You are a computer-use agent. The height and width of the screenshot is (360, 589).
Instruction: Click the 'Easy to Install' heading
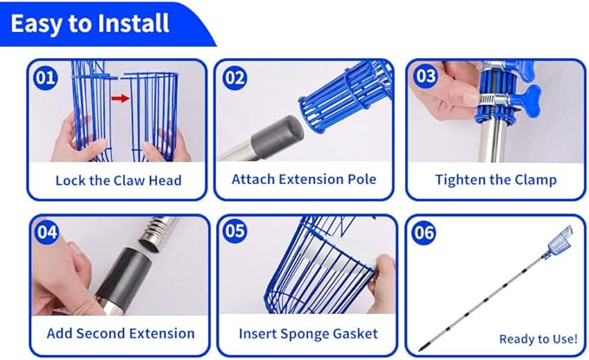89,23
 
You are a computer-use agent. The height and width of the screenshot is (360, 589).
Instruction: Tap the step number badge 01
45,78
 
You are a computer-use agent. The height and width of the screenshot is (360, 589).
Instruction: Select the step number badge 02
235,78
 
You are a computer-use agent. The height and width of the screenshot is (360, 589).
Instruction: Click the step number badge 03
426,76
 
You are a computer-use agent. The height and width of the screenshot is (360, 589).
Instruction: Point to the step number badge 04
47,232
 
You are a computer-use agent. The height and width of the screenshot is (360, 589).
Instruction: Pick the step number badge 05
235,231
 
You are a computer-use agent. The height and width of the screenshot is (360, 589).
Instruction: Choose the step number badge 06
424,232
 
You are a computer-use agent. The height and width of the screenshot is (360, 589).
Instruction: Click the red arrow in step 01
121,98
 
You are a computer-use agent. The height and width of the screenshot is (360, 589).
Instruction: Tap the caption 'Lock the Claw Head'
118,180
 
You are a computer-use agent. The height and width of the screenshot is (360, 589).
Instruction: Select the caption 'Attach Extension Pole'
304,180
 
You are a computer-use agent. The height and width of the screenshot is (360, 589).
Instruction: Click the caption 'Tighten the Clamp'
496,180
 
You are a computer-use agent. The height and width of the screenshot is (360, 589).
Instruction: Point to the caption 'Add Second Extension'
121,333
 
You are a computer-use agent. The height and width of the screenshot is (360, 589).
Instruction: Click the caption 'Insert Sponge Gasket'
309,334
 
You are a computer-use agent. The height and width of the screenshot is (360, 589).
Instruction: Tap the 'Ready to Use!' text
539,339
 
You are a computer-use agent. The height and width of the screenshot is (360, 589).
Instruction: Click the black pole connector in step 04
125,275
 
